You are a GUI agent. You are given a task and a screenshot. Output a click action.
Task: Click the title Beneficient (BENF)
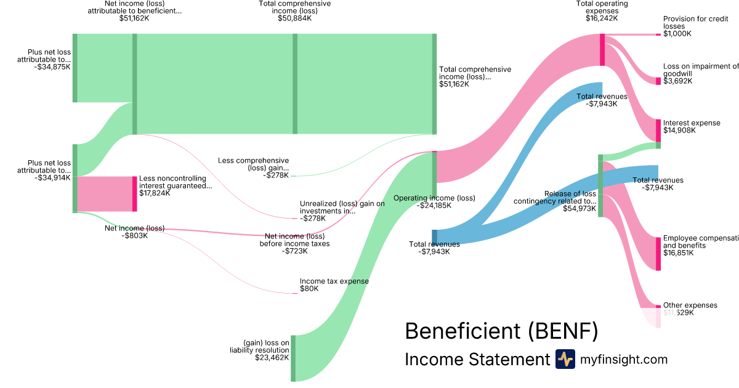click(501, 331)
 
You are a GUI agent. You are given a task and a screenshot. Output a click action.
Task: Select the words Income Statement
click(477, 360)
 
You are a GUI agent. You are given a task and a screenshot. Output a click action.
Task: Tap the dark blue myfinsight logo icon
click(565, 359)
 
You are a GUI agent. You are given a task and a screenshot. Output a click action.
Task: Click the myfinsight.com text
click(624, 360)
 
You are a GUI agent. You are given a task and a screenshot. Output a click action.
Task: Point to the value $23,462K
click(272, 357)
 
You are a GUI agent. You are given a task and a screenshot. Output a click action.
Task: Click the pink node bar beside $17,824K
click(135, 193)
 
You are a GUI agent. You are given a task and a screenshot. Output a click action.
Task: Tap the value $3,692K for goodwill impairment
click(677, 81)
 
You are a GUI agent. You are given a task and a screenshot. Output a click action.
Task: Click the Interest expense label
click(691, 123)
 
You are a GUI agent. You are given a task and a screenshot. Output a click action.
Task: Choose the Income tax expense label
click(334, 281)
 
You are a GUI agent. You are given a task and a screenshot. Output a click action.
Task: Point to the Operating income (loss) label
click(434, 198)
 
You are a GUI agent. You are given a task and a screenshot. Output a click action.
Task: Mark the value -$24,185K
click(435, 206)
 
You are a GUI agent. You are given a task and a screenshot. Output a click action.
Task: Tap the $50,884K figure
click(295, 18)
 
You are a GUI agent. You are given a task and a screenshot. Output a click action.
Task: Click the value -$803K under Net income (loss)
click(134, 235)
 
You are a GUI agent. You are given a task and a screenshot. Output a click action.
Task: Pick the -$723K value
click(294, 251)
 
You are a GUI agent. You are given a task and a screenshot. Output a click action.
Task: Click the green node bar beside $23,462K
click(293, 358)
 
